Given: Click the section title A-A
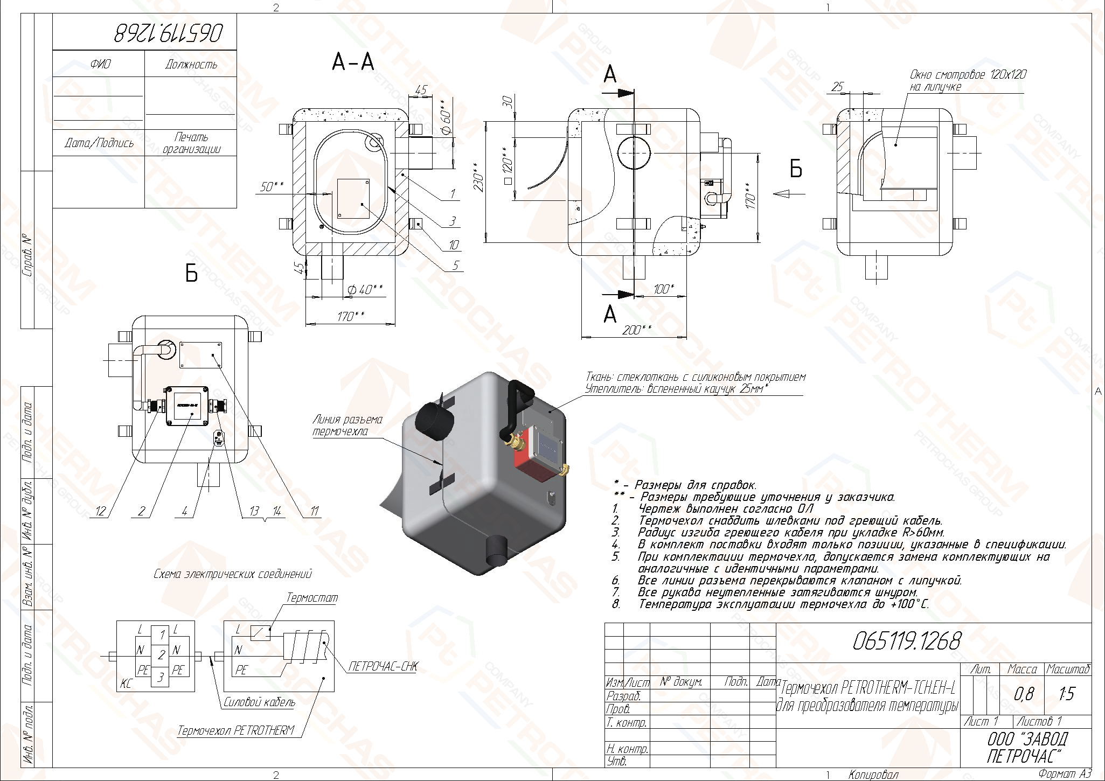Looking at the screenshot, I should (353, 62).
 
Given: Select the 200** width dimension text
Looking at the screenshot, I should (636, 330).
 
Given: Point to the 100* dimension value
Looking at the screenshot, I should (664, 289).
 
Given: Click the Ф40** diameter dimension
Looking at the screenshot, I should (365, 290).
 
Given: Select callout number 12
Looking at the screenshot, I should (101, 511).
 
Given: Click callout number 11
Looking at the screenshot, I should (315, 511).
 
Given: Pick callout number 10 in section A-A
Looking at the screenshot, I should (454, 245).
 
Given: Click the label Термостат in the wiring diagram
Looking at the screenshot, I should (312, 598).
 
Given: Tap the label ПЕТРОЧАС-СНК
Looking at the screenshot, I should (383, 666).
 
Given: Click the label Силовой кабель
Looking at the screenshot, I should (259, 702).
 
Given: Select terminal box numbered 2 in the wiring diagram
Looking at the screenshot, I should (161, 656).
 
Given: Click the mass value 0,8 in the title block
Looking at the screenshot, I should (1023, 694).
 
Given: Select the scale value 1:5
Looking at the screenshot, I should (1067, 694).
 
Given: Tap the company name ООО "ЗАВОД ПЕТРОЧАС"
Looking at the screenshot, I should (1027, 748).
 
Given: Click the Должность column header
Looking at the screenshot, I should (191, 65).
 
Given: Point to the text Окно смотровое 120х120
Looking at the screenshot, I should (968, 75).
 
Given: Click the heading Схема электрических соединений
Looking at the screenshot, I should (233, 574).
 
